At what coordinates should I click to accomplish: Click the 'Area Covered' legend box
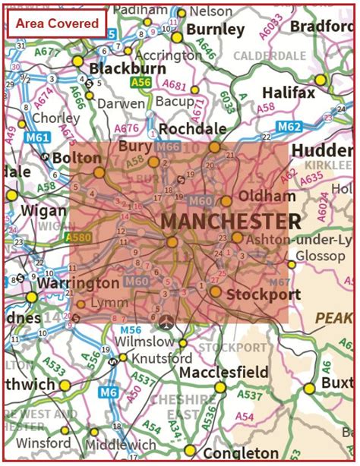tap(58, 24)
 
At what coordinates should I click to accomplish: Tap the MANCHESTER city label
tap(230, 222)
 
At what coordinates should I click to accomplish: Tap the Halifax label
tap(288, 92)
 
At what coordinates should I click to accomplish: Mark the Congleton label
tap(231, 453)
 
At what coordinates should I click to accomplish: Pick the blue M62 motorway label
tap(289, 127)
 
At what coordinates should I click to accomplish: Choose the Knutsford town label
tap(155, 357)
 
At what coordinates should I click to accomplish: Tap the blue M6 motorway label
tap(109, 392)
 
